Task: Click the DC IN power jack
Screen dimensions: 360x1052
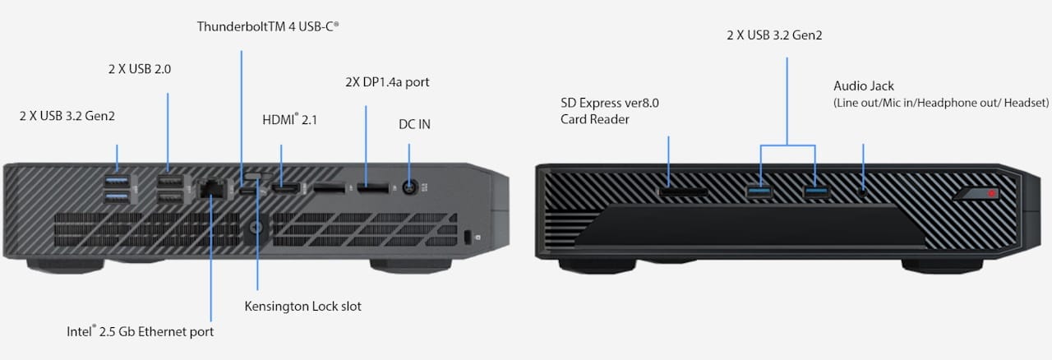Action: [x=408, y=188]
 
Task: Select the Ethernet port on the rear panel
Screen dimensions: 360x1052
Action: [x=213, y=189]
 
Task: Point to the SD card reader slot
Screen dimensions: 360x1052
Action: [x=683, y=192]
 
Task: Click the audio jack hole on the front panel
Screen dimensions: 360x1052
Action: [x=863, y=191]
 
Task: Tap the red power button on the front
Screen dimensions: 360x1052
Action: [x=992, y=194]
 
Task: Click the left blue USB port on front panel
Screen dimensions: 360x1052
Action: [x=760, y=192]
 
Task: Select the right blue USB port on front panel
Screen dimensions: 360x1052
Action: [x=815, y=192]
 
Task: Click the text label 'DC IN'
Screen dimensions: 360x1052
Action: [x=414, y=124]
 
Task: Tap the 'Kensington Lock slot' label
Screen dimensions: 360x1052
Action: [x=302, y=307]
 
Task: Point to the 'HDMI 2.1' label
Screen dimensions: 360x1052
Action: [x=289, y=120]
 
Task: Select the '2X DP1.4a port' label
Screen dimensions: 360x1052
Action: [x=386, y=82]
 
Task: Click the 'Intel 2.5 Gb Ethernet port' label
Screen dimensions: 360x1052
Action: [x=141, y=332]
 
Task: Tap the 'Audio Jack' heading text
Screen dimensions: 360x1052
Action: [x=863, y=85]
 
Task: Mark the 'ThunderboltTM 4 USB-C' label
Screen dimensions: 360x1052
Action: [x=268, y=26]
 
